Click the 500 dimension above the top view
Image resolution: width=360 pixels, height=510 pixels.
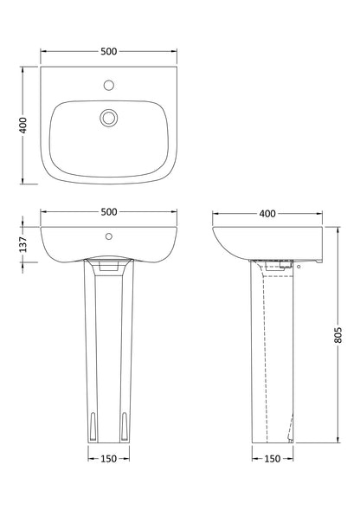coord(108,51)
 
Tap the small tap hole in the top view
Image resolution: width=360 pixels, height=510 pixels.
coord(108,86)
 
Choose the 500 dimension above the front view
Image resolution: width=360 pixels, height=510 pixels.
coord(108,211)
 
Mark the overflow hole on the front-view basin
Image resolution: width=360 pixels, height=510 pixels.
coord(108,234)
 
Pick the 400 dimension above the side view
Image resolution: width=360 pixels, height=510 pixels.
coord(267,211)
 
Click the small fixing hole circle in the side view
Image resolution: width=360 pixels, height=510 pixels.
coord(299,268)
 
